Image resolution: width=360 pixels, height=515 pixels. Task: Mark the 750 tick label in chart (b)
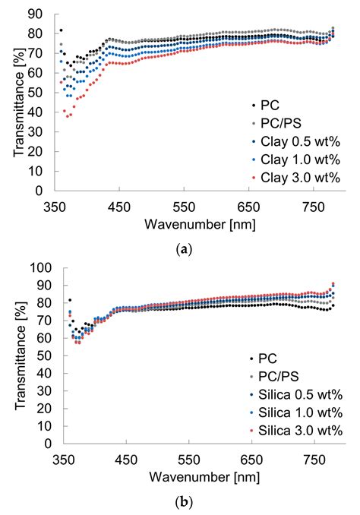point(315,460)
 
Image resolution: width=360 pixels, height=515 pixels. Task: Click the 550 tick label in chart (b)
point(190,460)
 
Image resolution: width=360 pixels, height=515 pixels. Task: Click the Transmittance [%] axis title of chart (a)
point(17,103)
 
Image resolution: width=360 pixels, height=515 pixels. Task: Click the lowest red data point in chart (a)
point(67,116)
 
